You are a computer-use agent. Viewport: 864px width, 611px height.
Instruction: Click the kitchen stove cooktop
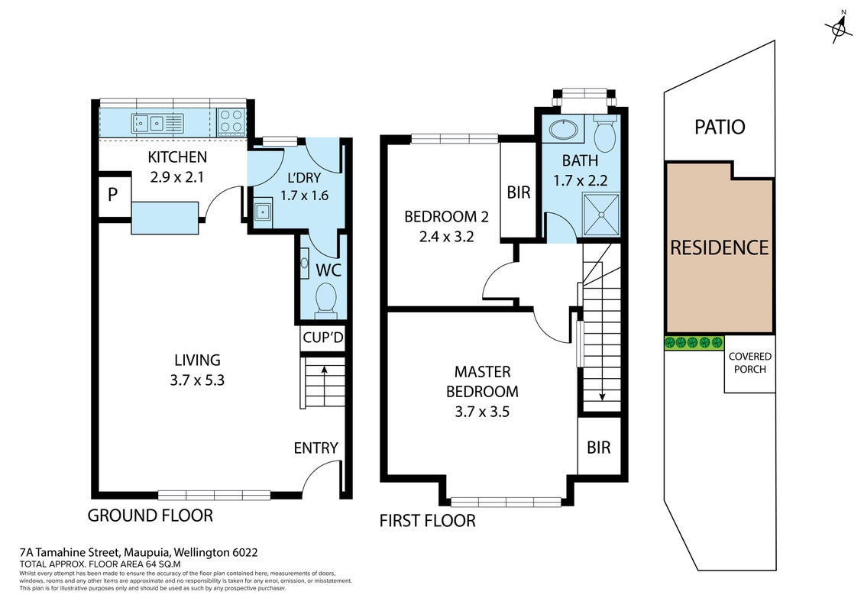[x=231, y=121]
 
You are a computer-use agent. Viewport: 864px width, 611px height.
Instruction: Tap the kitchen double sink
[x=149, y=124]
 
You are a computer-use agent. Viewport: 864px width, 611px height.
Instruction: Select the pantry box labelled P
[x=112, y=195]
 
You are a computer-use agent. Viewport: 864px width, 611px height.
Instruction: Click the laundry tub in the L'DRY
[x=264, y=212]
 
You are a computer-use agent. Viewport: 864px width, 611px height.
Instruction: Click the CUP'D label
[x=323, y=337]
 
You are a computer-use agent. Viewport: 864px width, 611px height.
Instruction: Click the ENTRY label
[x=316, y=448]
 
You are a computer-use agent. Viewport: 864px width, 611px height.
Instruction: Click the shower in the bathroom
[x=601, y=215]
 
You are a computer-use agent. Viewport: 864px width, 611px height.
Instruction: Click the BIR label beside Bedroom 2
[x=519, y=192]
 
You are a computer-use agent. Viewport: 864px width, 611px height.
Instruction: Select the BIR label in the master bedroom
[x=598, y=448]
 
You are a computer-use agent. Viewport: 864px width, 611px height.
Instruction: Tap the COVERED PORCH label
[x=750, y=363]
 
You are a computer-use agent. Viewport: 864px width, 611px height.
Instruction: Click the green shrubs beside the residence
[x=693, y=343]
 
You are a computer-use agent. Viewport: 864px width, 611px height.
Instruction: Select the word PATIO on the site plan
[x=720, y=128]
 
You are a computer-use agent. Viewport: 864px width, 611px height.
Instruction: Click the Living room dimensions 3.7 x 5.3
[x=197, y=380]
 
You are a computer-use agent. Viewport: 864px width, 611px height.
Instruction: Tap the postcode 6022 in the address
[x=245, y=552]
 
